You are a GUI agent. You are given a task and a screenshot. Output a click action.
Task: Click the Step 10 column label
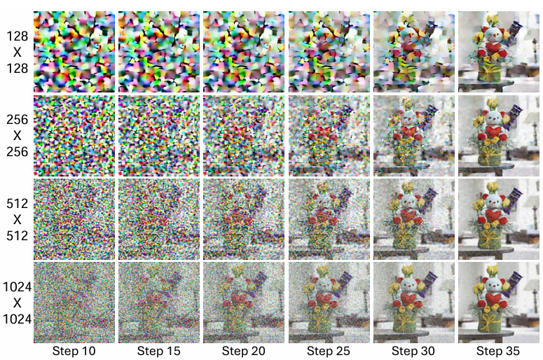pyautogui.click(x=74, y=351)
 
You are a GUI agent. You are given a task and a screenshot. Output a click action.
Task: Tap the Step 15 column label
pyautogui.click(x=159, y=351)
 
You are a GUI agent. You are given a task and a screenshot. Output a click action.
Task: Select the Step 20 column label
pyautogui.click(x=244, y=351)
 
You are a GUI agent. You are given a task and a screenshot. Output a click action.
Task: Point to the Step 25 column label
pyautogui.click(x=329, y=351)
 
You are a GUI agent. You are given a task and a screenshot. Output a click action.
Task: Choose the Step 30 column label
pyautogui.click(x=413, y=351)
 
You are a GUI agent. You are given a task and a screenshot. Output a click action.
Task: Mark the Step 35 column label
pyautogui.click(x=498, y=351)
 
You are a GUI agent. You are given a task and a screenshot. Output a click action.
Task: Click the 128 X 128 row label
pyautogui.click(x=17, y=51)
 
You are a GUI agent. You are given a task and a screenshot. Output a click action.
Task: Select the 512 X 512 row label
pyautogui.click(x=17, y=218)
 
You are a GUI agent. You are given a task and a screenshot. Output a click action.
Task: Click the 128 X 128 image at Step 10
pyautogui.click(x=74, y=51)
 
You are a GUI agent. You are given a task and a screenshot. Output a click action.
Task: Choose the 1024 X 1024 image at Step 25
pyautogui.click(x=329, y=301)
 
